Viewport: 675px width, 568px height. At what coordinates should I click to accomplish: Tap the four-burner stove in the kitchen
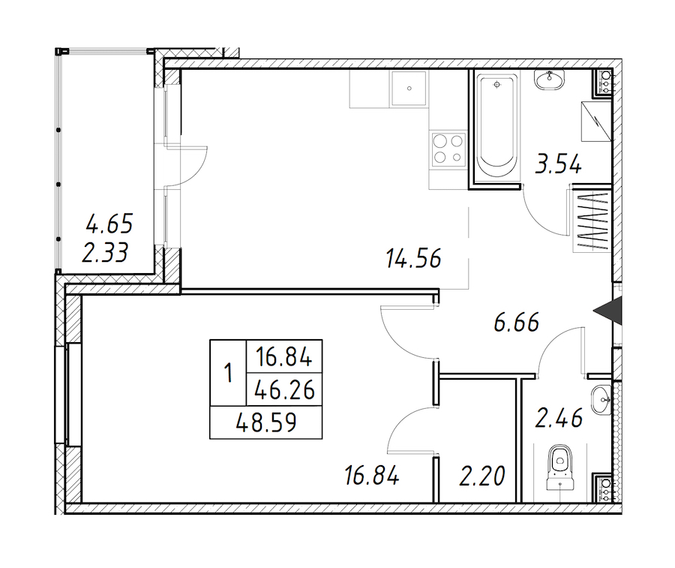[x=448, y=149]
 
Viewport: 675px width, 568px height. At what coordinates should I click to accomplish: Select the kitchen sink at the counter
[x=409, y=89]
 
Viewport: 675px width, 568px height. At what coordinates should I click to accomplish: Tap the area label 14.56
[x=414, y=259]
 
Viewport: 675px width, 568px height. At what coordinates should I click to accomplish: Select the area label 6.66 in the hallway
[x=517, y=323]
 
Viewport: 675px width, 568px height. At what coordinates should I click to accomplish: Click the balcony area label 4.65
[x=109, y=224]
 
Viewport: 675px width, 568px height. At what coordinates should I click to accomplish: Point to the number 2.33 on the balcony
[x=105, y=252]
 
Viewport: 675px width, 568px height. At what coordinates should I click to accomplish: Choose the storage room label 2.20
[x=482, y=476]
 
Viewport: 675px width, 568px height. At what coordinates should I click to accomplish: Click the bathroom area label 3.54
[x=558, y=165]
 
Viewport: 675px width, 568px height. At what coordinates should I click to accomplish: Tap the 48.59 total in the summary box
[x=266, y=423]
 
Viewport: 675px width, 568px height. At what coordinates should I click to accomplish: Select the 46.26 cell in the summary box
[x=284, y=391]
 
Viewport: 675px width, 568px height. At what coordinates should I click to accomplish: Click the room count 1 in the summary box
[x=228, y=373]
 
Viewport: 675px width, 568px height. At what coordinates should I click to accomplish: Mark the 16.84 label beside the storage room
[x=372, y=476]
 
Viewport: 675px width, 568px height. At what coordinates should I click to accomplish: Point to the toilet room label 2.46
[x=559, y=418]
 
